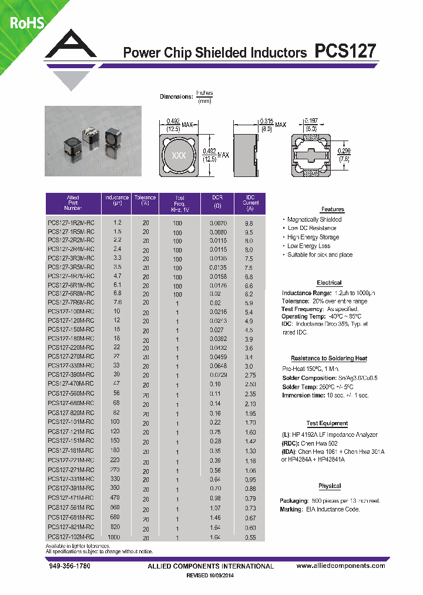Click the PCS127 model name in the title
click(x=345, y=52)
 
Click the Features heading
click(x=333, y=209)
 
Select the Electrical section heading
click(x=329, y=283)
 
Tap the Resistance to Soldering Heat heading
click(x=329, y=358)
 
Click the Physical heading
click(x=330, y=486)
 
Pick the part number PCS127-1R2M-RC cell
click(x=70, y=223)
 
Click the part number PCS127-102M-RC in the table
click(x=70, y=537)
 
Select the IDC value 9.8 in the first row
click(x=249, y=223)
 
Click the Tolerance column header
click(x=145, y=200)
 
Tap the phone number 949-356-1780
click(x=69, y=566)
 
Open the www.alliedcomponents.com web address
click(x=341, y=566)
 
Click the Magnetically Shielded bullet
click(x=314, y=219)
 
